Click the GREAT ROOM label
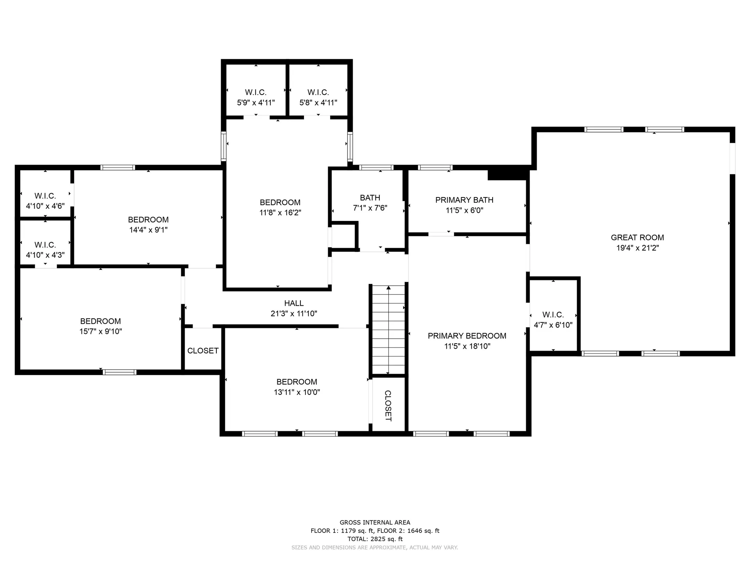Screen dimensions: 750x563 [637, 237]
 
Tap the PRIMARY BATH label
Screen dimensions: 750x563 [464, 200]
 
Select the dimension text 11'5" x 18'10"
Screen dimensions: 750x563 [467, 346]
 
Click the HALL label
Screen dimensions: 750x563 [294, 303]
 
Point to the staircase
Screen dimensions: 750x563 [388, 330]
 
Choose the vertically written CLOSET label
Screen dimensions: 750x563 [388, 406]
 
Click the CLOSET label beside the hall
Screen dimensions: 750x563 [203, 351]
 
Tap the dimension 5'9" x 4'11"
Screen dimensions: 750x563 [256, 102]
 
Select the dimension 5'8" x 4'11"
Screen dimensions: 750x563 [318, 102]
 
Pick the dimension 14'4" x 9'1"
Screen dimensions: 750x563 [148, 230]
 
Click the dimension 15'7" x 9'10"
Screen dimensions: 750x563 [100, 332]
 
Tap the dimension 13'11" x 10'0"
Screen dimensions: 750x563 [297, 392]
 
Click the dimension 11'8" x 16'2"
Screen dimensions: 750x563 [280, 213]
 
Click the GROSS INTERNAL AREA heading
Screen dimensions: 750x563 [375, 522]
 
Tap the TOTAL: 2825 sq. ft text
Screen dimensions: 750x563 [375, 539]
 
